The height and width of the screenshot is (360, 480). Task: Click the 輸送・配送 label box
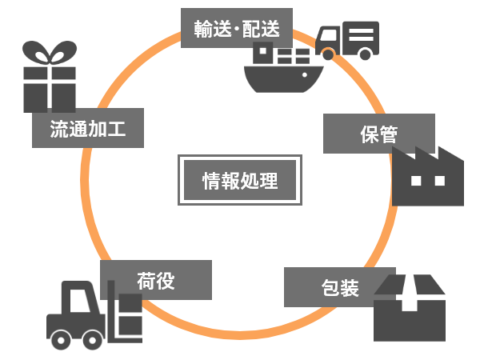click(237, 28)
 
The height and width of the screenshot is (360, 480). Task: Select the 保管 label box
click(379, 134)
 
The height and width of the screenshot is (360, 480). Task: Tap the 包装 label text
click(340, 288)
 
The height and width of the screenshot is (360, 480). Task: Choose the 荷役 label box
click(156, 280)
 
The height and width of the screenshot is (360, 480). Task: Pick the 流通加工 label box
click(88, 128)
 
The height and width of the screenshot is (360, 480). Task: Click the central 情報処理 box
click(240, 180)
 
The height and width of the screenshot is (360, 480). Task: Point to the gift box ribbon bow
click(50, 52)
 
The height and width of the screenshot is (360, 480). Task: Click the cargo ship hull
click(283, 79)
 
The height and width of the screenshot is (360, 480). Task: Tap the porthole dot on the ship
click(305, 74)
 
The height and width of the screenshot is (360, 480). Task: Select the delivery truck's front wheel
click(328, 54)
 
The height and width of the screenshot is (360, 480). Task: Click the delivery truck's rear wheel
click(365, 54)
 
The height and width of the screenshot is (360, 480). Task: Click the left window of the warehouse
click(416, 181)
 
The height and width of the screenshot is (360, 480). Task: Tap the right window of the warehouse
click(439, 181)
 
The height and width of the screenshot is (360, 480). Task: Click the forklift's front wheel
click(92, 340)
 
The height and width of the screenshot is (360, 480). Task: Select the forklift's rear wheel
click(61, 340)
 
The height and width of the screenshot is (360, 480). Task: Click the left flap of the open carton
click(390, 285)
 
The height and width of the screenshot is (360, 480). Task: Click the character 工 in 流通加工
click(116, 128)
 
